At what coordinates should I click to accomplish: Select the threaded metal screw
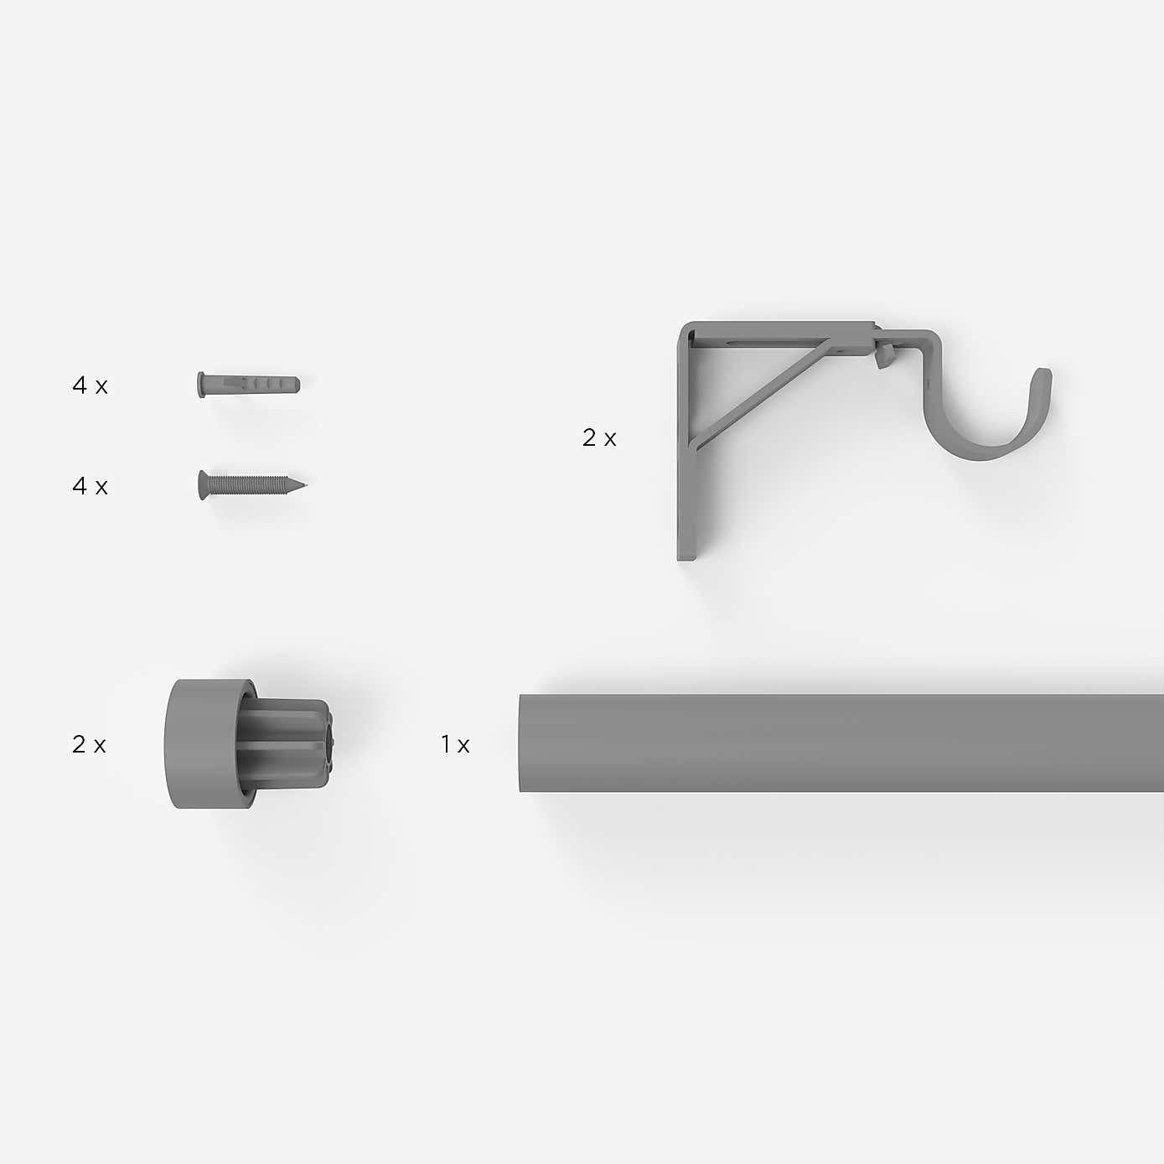(251, 485)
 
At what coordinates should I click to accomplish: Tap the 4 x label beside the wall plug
(90, 385)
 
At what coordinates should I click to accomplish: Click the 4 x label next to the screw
(90, 486)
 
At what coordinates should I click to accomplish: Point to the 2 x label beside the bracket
(599, 437)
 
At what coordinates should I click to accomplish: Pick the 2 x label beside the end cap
(89, 744)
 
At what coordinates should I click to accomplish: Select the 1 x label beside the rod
(455, 744)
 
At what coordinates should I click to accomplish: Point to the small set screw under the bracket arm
(882, 360)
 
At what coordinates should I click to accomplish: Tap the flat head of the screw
(202, 485)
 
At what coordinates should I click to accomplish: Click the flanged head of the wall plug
(201, 385)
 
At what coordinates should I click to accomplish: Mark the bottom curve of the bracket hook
(989, 448)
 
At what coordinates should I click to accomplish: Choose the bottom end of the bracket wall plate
(685, 553)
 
